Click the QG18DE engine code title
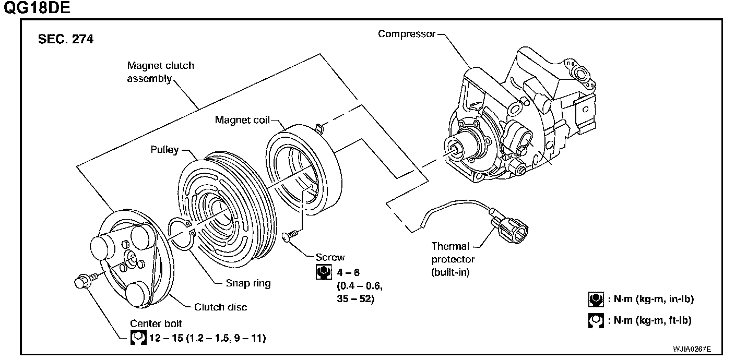click(37, 7)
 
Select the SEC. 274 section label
click(66, 39)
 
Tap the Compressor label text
click(407, 34)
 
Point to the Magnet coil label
click(242, 120)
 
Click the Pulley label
click(164, 150)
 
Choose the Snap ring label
click(248, 283)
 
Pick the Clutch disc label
click(220, 307)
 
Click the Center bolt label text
click(156, 323)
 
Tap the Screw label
click(330, 257)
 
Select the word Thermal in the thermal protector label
click(450, 246)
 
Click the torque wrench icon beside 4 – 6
click(324, 272)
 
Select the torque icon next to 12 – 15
click(138, 338)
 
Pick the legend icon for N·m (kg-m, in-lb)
click(596, 299)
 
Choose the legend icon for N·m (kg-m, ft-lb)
click(596, 321)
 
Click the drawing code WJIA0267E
click(692, 349)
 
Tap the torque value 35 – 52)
click(355, 299)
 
